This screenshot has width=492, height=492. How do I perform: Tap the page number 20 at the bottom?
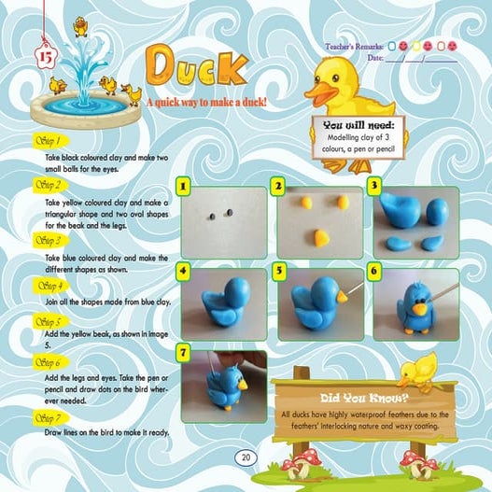coord(246,457)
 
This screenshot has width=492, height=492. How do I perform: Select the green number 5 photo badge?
coord(279,271)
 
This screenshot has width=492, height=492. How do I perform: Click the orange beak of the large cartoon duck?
coord(324,94)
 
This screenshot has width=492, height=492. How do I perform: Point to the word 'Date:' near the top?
coord(376,57)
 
